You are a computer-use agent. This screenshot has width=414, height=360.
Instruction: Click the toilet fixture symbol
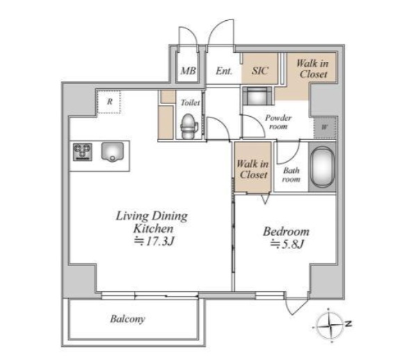[189, 126]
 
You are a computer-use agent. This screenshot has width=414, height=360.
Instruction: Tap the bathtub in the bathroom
[322, 167]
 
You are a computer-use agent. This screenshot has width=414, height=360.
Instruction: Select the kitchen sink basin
[113, 152]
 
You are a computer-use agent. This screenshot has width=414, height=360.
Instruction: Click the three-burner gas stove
[83, 152]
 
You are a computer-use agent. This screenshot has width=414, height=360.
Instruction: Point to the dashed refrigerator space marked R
[109, 101]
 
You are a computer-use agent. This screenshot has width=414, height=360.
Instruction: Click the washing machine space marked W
[324, 127]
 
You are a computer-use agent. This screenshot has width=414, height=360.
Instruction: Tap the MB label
[188, 70]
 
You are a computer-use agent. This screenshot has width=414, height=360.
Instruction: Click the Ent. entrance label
[224, 70]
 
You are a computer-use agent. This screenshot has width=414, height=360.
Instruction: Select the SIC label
[260, 70]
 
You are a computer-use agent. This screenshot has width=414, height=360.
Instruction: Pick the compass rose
[329, 325]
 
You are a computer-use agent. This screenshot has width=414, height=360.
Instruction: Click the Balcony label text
[128, 319]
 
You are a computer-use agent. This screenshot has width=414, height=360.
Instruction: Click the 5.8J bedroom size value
[287, 244]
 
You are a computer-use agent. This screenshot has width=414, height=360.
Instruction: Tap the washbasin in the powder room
[257, 96]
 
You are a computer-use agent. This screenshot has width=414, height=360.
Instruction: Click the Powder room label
[279, 122]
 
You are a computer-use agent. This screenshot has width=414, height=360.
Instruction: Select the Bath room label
[291, 175]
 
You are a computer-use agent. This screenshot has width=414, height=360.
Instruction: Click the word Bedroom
[286, 231]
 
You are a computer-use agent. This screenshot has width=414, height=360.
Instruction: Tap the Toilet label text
[190, 102]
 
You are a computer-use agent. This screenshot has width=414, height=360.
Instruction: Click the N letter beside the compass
[349, 323]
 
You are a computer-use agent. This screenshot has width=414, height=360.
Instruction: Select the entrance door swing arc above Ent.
[217, 26]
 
